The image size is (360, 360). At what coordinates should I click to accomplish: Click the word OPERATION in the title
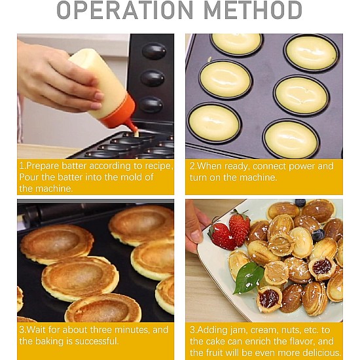tap(124, 10)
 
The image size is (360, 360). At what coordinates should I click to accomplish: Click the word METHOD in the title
tap(253, 10)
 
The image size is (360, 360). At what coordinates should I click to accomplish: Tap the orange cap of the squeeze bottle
tap(120, 114)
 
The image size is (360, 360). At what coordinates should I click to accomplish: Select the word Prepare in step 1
tap(43, 166)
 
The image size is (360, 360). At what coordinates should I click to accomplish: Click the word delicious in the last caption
tap(322, 353)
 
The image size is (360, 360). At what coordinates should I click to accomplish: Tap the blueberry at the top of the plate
tap(300, 203)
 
